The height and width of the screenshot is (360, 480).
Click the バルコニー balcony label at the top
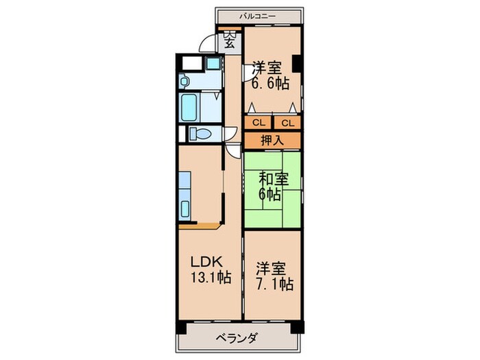coord(259,14)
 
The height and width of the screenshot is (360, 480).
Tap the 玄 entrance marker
coord(229,42)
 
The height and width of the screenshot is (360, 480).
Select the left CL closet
coord(258,123)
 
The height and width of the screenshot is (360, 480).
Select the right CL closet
coord(287,123)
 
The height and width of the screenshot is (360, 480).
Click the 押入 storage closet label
coord(272,141)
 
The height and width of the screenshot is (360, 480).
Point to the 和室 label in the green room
coord(273,179)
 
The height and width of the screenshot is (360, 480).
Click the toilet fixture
coord(200,133)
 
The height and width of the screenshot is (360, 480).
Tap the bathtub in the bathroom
coord(190,107)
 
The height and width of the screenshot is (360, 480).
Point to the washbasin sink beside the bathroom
coord(187,80)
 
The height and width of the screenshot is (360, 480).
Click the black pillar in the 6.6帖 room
coord(298,63)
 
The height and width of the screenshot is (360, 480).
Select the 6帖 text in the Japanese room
coord(269,194)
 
